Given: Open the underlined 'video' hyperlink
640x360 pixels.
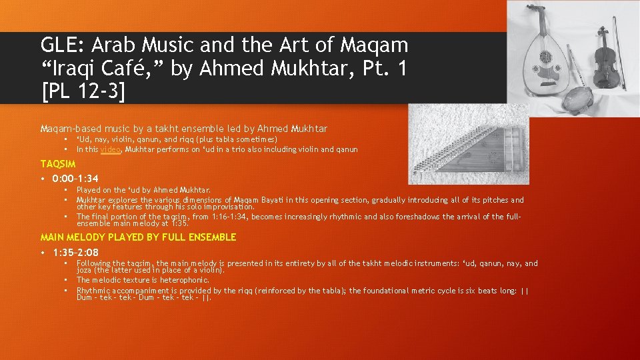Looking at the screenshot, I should (111, 150).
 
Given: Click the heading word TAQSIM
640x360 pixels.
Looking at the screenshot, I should (58, 164).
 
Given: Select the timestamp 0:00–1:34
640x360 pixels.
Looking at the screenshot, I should (75, 179).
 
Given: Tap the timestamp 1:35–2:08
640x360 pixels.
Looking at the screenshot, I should (75, 253).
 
